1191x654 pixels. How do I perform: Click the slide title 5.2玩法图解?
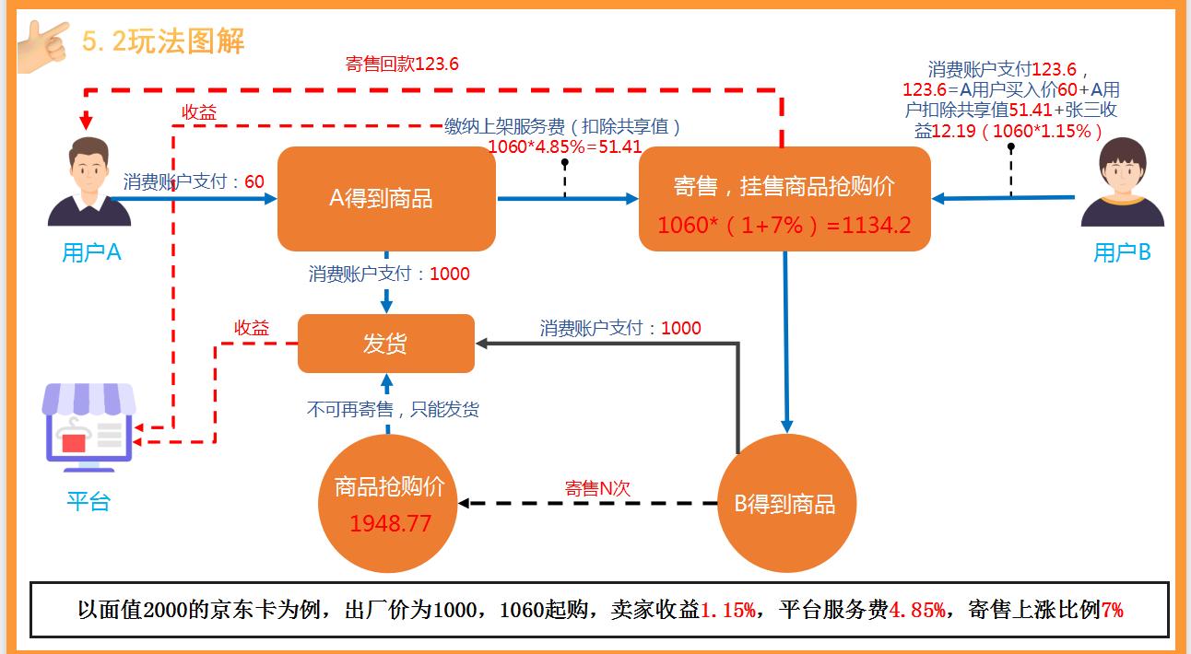163,41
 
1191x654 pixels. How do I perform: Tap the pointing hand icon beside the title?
42,40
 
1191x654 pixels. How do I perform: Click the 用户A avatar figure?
89,181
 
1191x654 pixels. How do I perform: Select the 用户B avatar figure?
1122,182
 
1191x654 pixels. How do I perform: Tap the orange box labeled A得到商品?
386,198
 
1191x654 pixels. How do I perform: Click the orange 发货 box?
385,344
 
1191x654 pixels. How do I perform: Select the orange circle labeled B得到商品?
784,504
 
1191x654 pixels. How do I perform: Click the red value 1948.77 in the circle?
390,523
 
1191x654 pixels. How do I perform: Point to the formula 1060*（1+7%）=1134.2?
784,224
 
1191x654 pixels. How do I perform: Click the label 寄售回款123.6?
402,64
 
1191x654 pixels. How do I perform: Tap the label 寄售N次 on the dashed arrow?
597,488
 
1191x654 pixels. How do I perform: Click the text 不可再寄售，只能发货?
393,410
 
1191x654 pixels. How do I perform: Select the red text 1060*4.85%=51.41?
564,146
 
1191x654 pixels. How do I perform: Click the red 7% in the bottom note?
1112,610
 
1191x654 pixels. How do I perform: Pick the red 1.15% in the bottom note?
728,610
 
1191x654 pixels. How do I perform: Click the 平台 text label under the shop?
88,502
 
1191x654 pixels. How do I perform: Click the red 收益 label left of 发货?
252,328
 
